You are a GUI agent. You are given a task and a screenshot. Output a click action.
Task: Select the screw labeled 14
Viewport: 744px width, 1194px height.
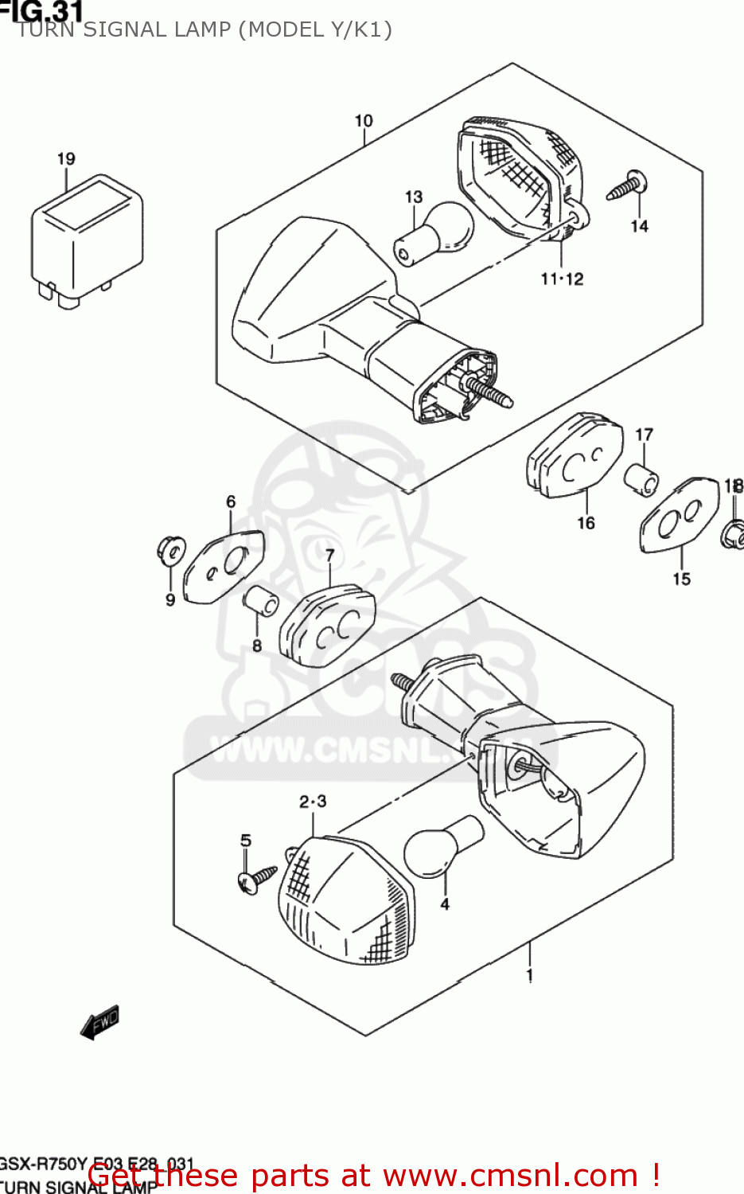628,186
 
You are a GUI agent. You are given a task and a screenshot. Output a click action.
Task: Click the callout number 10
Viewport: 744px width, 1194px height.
364,121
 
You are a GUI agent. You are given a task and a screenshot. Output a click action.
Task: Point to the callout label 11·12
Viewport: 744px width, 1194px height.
562,279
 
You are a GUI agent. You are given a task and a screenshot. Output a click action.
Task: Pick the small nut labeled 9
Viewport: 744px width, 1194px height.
169,550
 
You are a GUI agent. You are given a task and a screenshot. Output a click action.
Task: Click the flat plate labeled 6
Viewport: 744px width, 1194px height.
223,567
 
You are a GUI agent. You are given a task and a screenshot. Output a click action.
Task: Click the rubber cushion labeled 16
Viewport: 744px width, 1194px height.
575,456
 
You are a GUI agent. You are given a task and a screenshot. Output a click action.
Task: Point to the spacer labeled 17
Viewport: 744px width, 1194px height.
641,479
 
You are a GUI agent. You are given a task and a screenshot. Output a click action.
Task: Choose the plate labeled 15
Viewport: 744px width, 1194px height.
679,515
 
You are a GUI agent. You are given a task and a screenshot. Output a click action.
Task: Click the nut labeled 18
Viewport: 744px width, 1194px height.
733,533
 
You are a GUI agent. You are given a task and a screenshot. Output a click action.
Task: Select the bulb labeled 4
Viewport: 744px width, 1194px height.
442,848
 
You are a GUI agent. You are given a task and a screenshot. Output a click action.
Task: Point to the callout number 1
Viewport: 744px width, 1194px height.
530,974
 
